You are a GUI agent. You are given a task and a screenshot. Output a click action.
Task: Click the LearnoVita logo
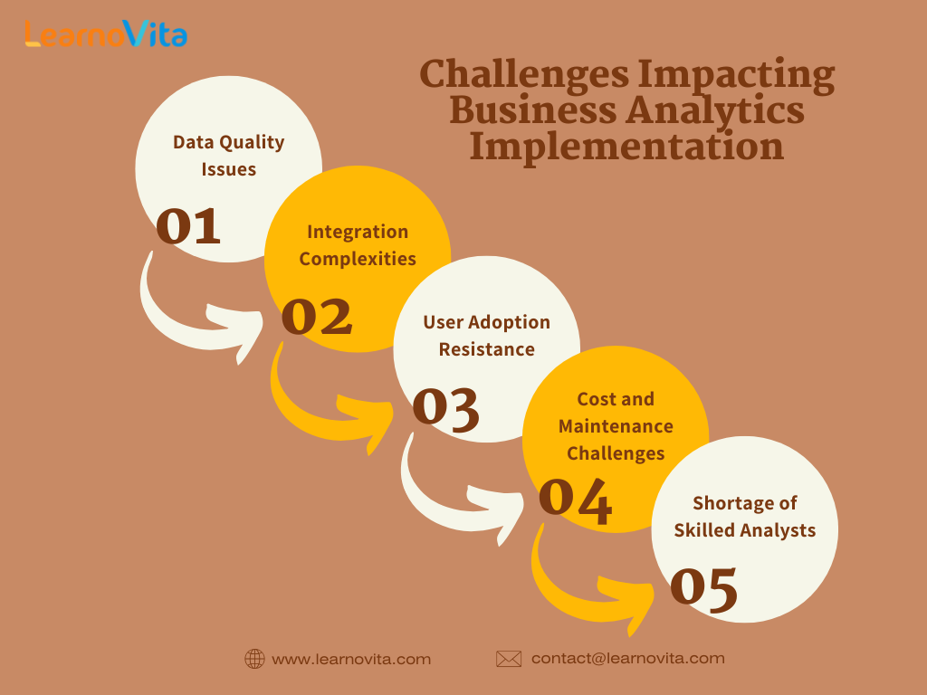(107, 33)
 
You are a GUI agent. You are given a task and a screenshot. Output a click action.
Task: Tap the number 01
(188, 225)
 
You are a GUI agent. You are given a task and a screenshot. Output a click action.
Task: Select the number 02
(317, 316)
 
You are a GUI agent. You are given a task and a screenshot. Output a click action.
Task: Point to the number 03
(445, 408)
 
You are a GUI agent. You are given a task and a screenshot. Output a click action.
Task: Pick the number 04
(575, 501)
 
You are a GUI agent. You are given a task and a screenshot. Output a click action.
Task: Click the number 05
(704, 588)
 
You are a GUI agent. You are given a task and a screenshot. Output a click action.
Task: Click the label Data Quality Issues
(229, 156)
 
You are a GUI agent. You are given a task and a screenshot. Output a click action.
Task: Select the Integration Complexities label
(358, 245)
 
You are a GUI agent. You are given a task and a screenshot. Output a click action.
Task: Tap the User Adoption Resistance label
(486, 336)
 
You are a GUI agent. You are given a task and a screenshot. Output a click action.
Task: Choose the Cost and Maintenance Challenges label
(616, 426)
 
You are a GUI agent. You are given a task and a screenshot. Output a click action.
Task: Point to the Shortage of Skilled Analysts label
(745, 517)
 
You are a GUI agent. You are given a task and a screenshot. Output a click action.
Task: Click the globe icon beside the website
(254, 659)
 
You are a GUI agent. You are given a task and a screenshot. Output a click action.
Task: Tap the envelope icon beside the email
(509, 659)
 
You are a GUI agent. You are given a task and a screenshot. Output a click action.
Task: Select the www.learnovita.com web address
(351, 659)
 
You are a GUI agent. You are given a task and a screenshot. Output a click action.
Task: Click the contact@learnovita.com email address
(628, 659)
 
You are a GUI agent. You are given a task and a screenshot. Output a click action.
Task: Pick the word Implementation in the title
(626, 147)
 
